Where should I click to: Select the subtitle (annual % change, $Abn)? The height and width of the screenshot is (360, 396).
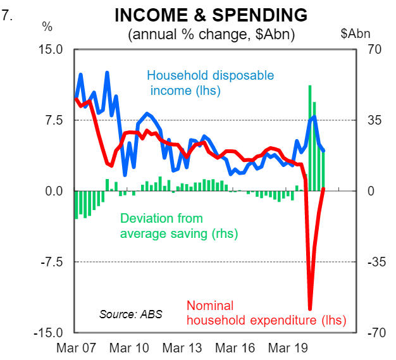[211, 33]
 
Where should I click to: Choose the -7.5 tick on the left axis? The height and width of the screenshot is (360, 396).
[54, 262]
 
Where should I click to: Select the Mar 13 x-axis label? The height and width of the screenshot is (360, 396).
[182, 349]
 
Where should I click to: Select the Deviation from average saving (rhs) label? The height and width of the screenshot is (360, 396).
[179, 227]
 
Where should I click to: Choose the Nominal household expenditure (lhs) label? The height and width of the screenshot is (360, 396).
[266, 313]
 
